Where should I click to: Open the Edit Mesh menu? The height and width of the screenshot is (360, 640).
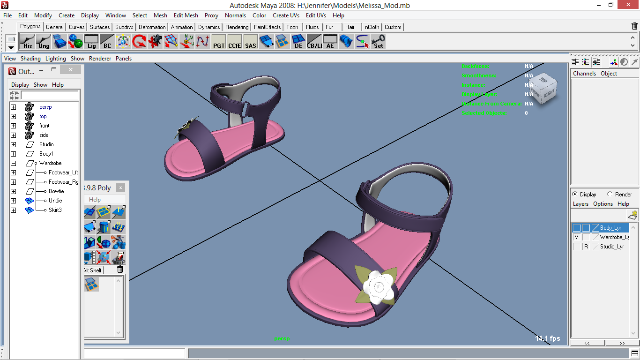click(x=186, y=15)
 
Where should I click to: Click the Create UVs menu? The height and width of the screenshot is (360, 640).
click(x=286, y=15)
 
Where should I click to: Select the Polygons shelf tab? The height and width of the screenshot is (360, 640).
click(x=30, y=27)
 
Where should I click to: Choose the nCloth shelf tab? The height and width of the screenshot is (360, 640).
click(x=372, y=27)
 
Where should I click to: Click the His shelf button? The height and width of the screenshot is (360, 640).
click(x=28, y=42)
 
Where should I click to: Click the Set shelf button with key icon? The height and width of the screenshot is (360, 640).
click(x=378, y=42)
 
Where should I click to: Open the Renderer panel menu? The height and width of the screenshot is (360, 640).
click(x=100, y=59)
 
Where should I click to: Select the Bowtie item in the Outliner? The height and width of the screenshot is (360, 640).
click(x=56, y=191)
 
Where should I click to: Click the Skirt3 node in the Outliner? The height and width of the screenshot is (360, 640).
click(x=55, y=210)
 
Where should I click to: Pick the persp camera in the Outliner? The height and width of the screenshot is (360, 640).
click(x=45, y=107)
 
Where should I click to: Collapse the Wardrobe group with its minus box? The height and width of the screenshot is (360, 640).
click(x=14, y=163)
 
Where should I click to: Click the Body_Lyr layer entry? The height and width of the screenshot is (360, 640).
click(x=610, y=228)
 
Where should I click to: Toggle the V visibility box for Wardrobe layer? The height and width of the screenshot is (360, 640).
click(x=576, y=237)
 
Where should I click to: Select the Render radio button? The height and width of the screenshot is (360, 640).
click(x=610, y=194)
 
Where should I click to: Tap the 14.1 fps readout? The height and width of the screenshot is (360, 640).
click(x=547, y=338)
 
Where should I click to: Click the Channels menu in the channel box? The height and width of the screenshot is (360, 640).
click(x=584, y=74)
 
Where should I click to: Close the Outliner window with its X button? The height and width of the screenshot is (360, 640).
click(x=70, y=70)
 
